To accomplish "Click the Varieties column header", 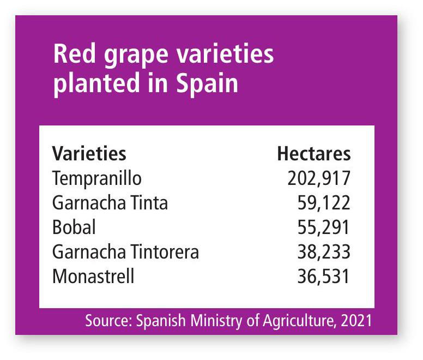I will click(x=89, y=154).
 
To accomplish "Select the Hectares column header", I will click(x=313, y=154).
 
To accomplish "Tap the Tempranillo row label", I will click(x=97, y=178).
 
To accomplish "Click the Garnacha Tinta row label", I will click(x=110, y=203).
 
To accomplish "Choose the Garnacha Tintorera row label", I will click(x=125, y=252).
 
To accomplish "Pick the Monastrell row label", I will click(x=93, y=277).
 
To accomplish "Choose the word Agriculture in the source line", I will click(x=295, y=320).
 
